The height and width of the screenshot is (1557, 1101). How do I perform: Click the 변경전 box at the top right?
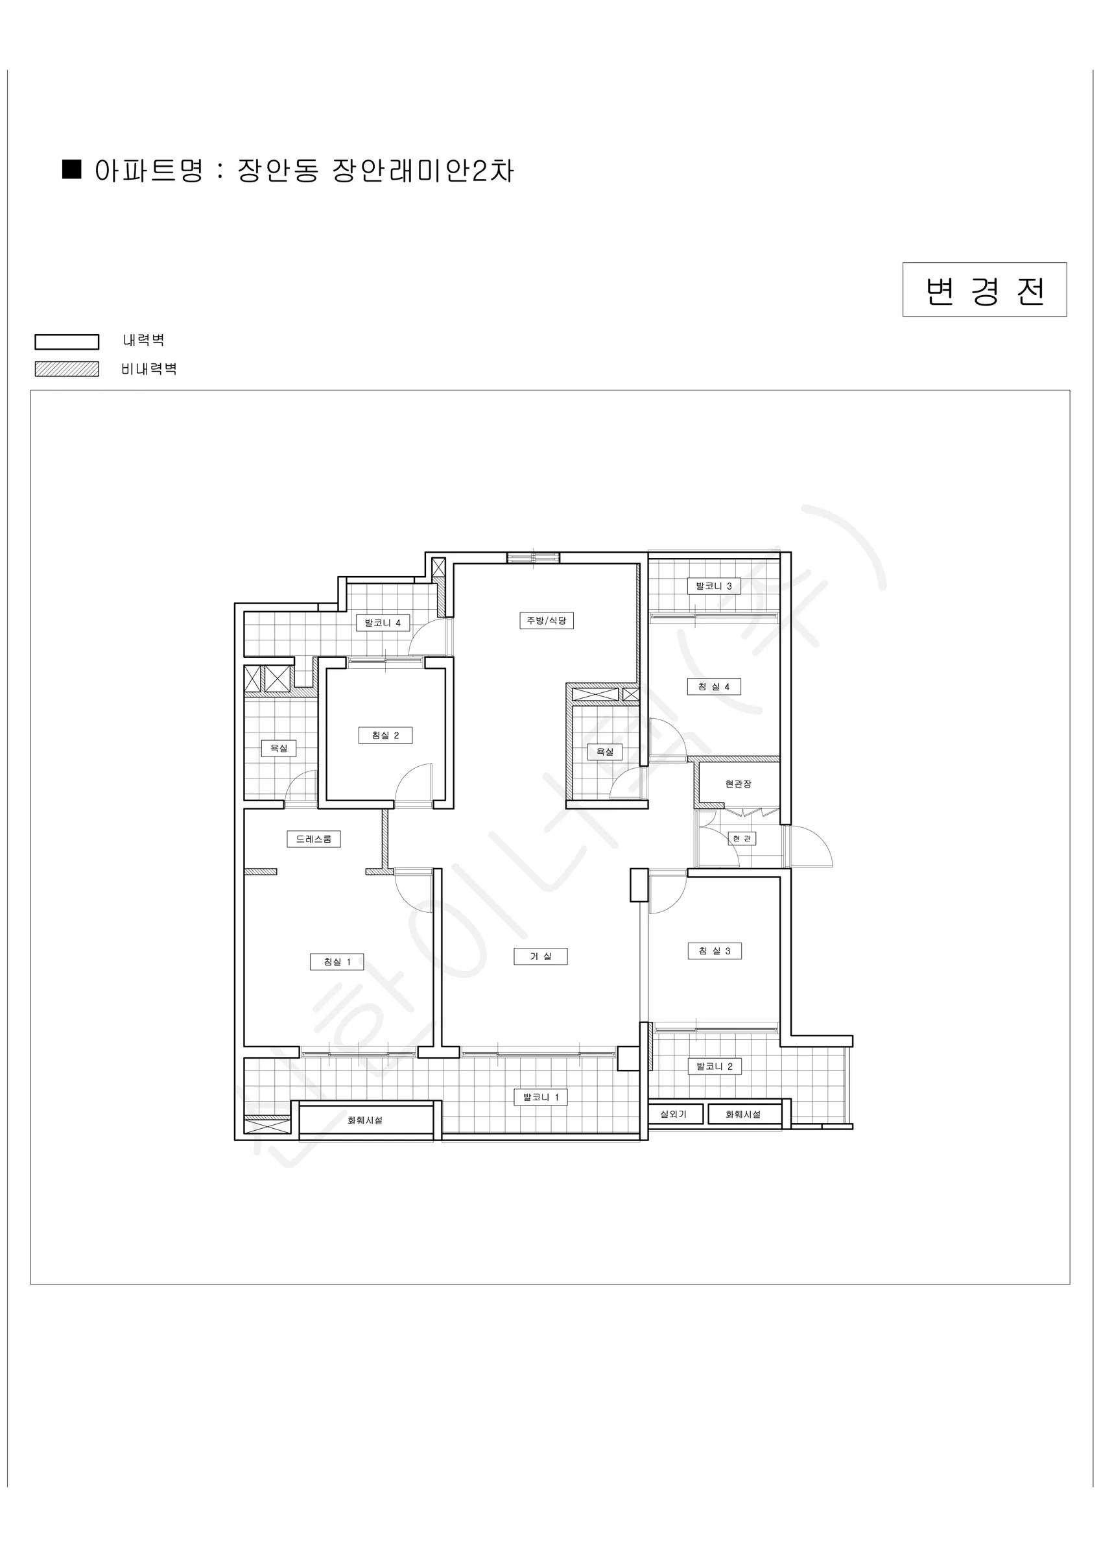point(984,289)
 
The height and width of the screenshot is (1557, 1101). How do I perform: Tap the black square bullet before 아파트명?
point(71,169)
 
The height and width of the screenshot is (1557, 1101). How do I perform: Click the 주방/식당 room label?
point(547,620)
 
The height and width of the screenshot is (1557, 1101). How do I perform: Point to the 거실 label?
point(541,956)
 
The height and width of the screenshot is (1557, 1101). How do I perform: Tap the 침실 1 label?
point(337,961)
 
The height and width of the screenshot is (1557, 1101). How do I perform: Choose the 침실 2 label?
point(385,735)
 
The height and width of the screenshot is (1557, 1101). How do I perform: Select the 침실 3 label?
point(715,951)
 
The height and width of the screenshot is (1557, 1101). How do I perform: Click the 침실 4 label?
point(714,686)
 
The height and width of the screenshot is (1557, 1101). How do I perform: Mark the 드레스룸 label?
point(313,839)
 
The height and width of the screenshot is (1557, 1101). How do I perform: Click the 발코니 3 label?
point(714,586)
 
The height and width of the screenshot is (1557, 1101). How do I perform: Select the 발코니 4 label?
point(383,623)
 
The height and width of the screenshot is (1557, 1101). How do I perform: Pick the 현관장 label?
point(739,784)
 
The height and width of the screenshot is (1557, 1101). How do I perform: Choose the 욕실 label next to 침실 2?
point(279,748)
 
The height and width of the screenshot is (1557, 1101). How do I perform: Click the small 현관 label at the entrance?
point(742,839)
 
